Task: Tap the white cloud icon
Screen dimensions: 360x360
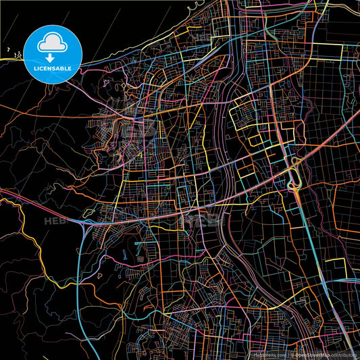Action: click(52, 43)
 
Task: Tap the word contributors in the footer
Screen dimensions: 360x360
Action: click(344, 355)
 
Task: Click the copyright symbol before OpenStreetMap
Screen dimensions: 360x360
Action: click(291, 355)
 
